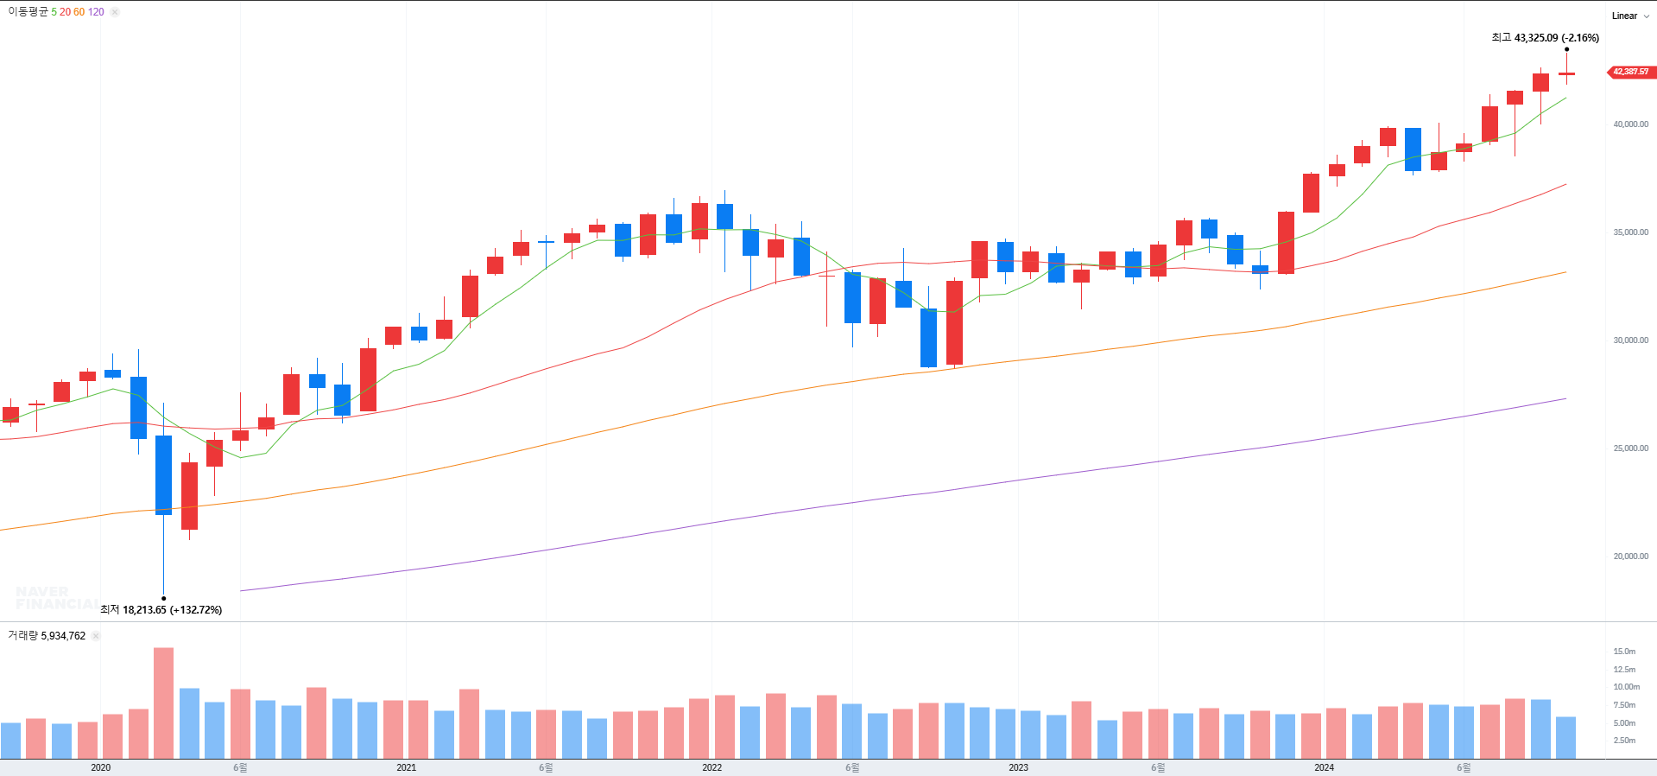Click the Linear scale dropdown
pos(1629,16)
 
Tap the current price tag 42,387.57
pos(1630,72)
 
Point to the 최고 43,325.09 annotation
pos(1545,38)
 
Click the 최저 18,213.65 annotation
pos(161,609)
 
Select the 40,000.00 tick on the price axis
pos(1630,124)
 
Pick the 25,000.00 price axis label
pos(1630,448)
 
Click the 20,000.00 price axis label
pos(1630,557)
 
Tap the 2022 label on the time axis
pos(711,767)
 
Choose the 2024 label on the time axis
pos(1324,767)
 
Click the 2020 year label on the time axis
pos(100,767)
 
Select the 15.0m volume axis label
pos(1624,652)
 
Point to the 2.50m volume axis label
pos(1624,741)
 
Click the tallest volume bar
pos(163,703)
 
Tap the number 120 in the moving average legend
pos(96,12)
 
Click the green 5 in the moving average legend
pos(54,12)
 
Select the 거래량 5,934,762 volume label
pos(47,636)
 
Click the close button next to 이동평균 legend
pos(115,12)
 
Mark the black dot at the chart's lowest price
pos(163,598)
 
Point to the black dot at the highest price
pos(1567,49)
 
